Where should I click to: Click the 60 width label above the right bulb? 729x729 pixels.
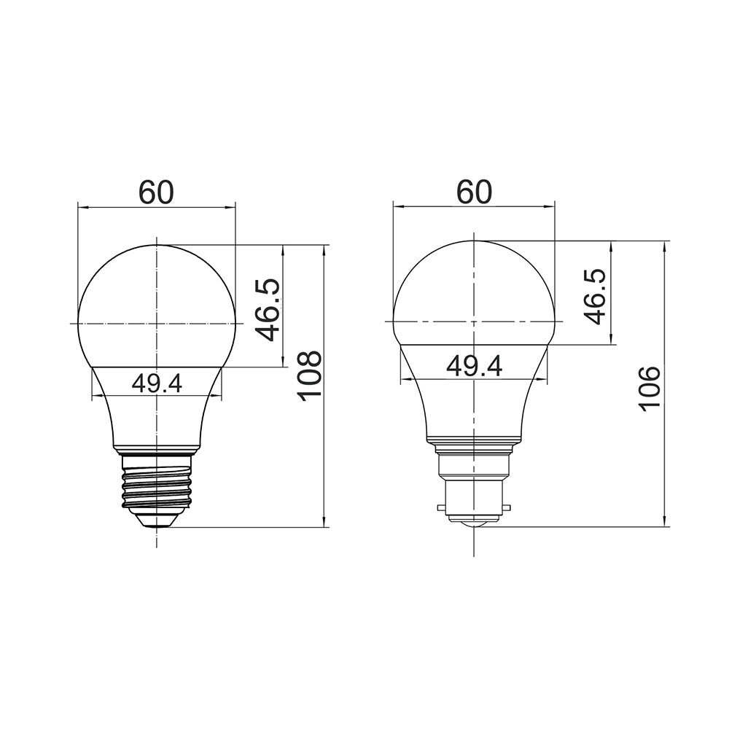474,191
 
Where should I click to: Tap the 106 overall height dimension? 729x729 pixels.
649,388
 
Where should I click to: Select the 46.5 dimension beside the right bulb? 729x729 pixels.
594,297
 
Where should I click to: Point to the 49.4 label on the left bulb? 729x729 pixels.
157,383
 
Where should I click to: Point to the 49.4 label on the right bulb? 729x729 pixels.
474,367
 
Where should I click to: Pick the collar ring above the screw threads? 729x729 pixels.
157,448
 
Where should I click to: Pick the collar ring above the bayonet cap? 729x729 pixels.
474,441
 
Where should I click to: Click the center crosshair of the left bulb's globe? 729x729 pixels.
157,322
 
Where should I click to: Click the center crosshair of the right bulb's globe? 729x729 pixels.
474,321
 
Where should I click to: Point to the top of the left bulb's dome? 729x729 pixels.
157,246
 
